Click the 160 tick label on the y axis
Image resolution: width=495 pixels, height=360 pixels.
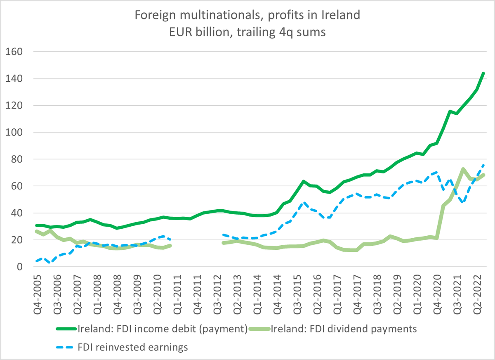pos(15,52)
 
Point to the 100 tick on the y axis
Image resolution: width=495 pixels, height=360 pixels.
pos(15,133)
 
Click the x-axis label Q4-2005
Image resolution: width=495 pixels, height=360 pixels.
pos(38,291)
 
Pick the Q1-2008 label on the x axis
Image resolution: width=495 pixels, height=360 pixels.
pos(97,291)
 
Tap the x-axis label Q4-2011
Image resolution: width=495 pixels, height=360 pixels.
pos(193,291)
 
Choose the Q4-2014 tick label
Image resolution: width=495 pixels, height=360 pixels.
pos(271,291)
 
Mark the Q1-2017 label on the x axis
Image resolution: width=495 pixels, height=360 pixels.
pos(330,291)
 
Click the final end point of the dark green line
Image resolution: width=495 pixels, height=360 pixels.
pos(483,73)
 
